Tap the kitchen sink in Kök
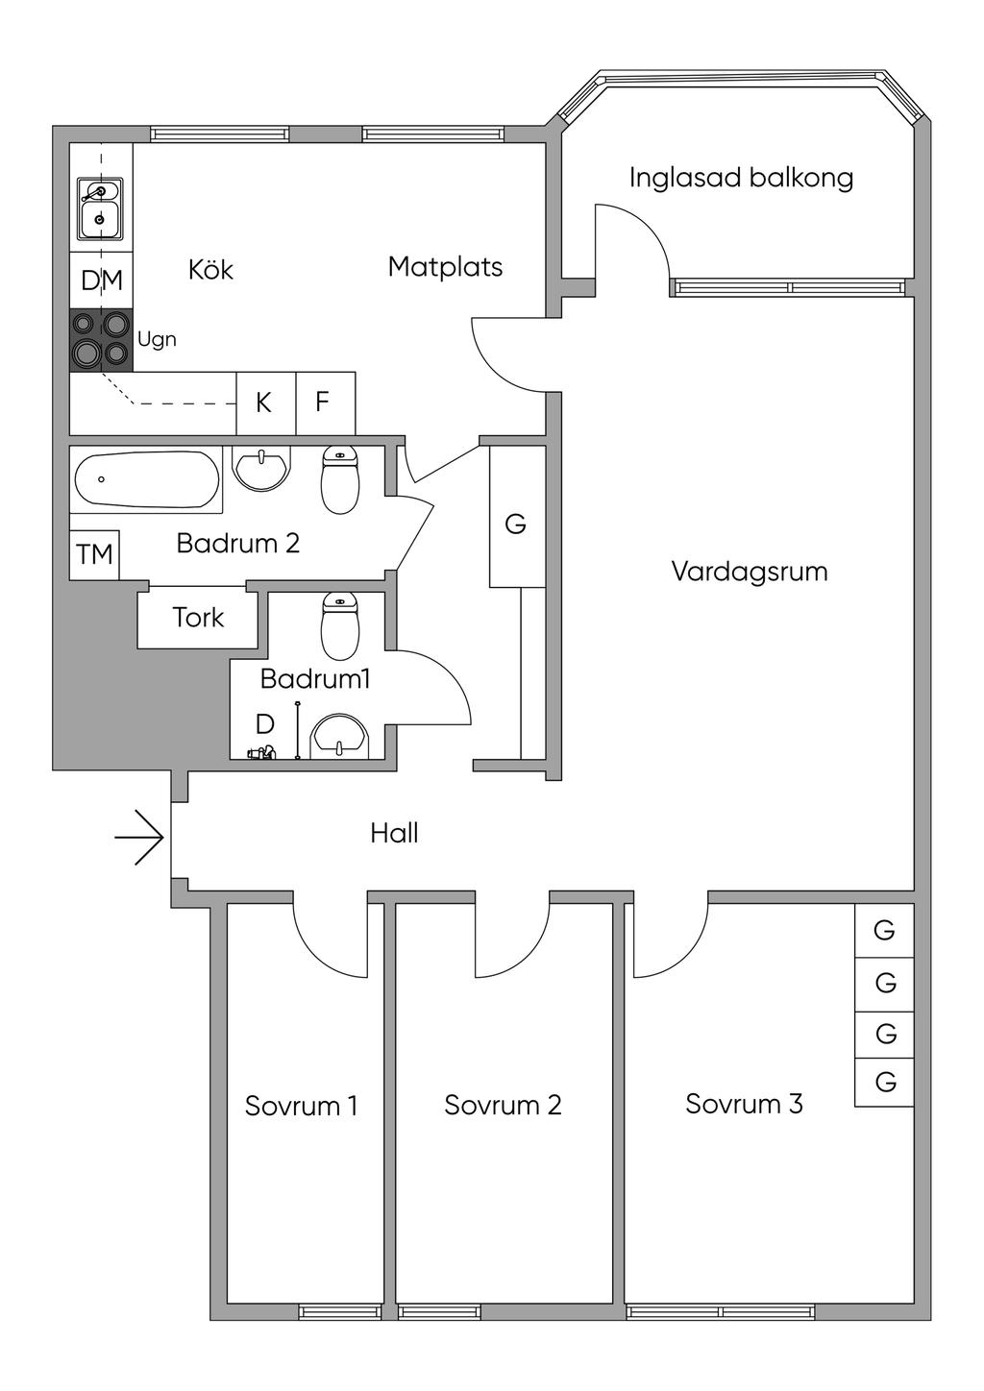(99, 208)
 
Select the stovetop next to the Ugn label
(101, 340)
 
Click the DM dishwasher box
(101, 281)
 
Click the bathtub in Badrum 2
(146, 479)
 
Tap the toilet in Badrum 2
(339, 479)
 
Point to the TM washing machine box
(94, 555)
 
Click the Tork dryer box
(198, 618)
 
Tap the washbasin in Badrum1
(340, 736)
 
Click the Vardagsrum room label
(749, 572)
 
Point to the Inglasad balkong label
(741, 178)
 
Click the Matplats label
(445, 266)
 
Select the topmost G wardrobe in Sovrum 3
(884, 930)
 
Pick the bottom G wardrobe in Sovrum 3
(884, 1082)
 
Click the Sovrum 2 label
(503, 1105)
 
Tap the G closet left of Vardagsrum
(517, 524)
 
